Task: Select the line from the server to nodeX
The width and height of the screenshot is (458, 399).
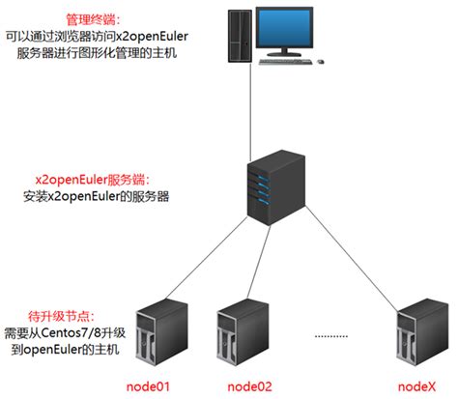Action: coord(348,261)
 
